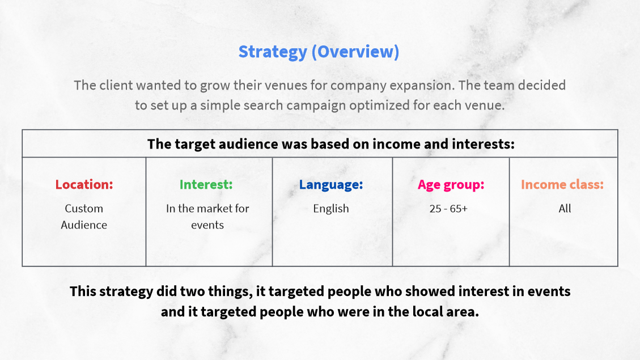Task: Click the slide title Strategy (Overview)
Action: pos(319,52)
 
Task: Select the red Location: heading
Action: pos(84,184)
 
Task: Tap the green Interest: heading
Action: pos(206,184)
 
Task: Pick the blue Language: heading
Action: pos(331,185)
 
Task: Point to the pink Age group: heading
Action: pos(451,185)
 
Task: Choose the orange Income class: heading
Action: pos(562,184)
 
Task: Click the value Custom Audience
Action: pos(84,217)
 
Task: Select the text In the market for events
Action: pos(207,217)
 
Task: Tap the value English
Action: pos(331,209)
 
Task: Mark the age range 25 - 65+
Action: pos(448,209)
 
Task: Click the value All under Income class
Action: pos(565,209)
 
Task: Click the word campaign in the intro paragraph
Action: pos(315,105)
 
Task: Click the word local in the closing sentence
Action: pos(431,312)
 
